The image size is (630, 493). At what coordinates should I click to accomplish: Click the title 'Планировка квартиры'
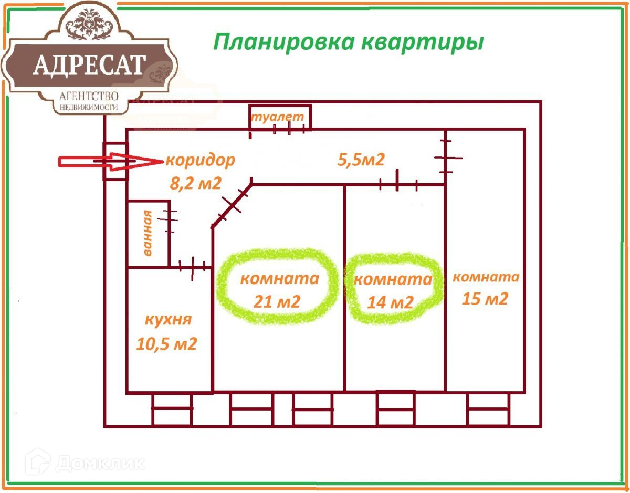coord(348,41)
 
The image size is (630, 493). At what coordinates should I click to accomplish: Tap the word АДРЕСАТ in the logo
coord(89,65)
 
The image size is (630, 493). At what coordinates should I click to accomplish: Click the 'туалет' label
coord(277,117)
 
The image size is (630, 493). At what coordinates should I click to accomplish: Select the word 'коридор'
coord(200,160)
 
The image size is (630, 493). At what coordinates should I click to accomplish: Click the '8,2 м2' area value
coord(195,183)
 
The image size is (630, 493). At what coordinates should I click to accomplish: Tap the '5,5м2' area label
coord(361,159)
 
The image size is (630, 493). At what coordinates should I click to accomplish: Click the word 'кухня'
coord(168,320)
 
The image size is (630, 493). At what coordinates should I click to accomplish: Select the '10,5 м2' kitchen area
coord(166,344)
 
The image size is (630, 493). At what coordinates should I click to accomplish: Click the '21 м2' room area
coord(277,301)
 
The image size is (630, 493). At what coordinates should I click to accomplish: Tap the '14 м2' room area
coord(391,302)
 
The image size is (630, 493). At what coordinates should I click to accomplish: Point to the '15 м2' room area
coord(485,299)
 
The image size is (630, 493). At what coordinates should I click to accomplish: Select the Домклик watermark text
coord(100,463)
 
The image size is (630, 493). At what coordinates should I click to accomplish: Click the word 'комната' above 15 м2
coord(486,277)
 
